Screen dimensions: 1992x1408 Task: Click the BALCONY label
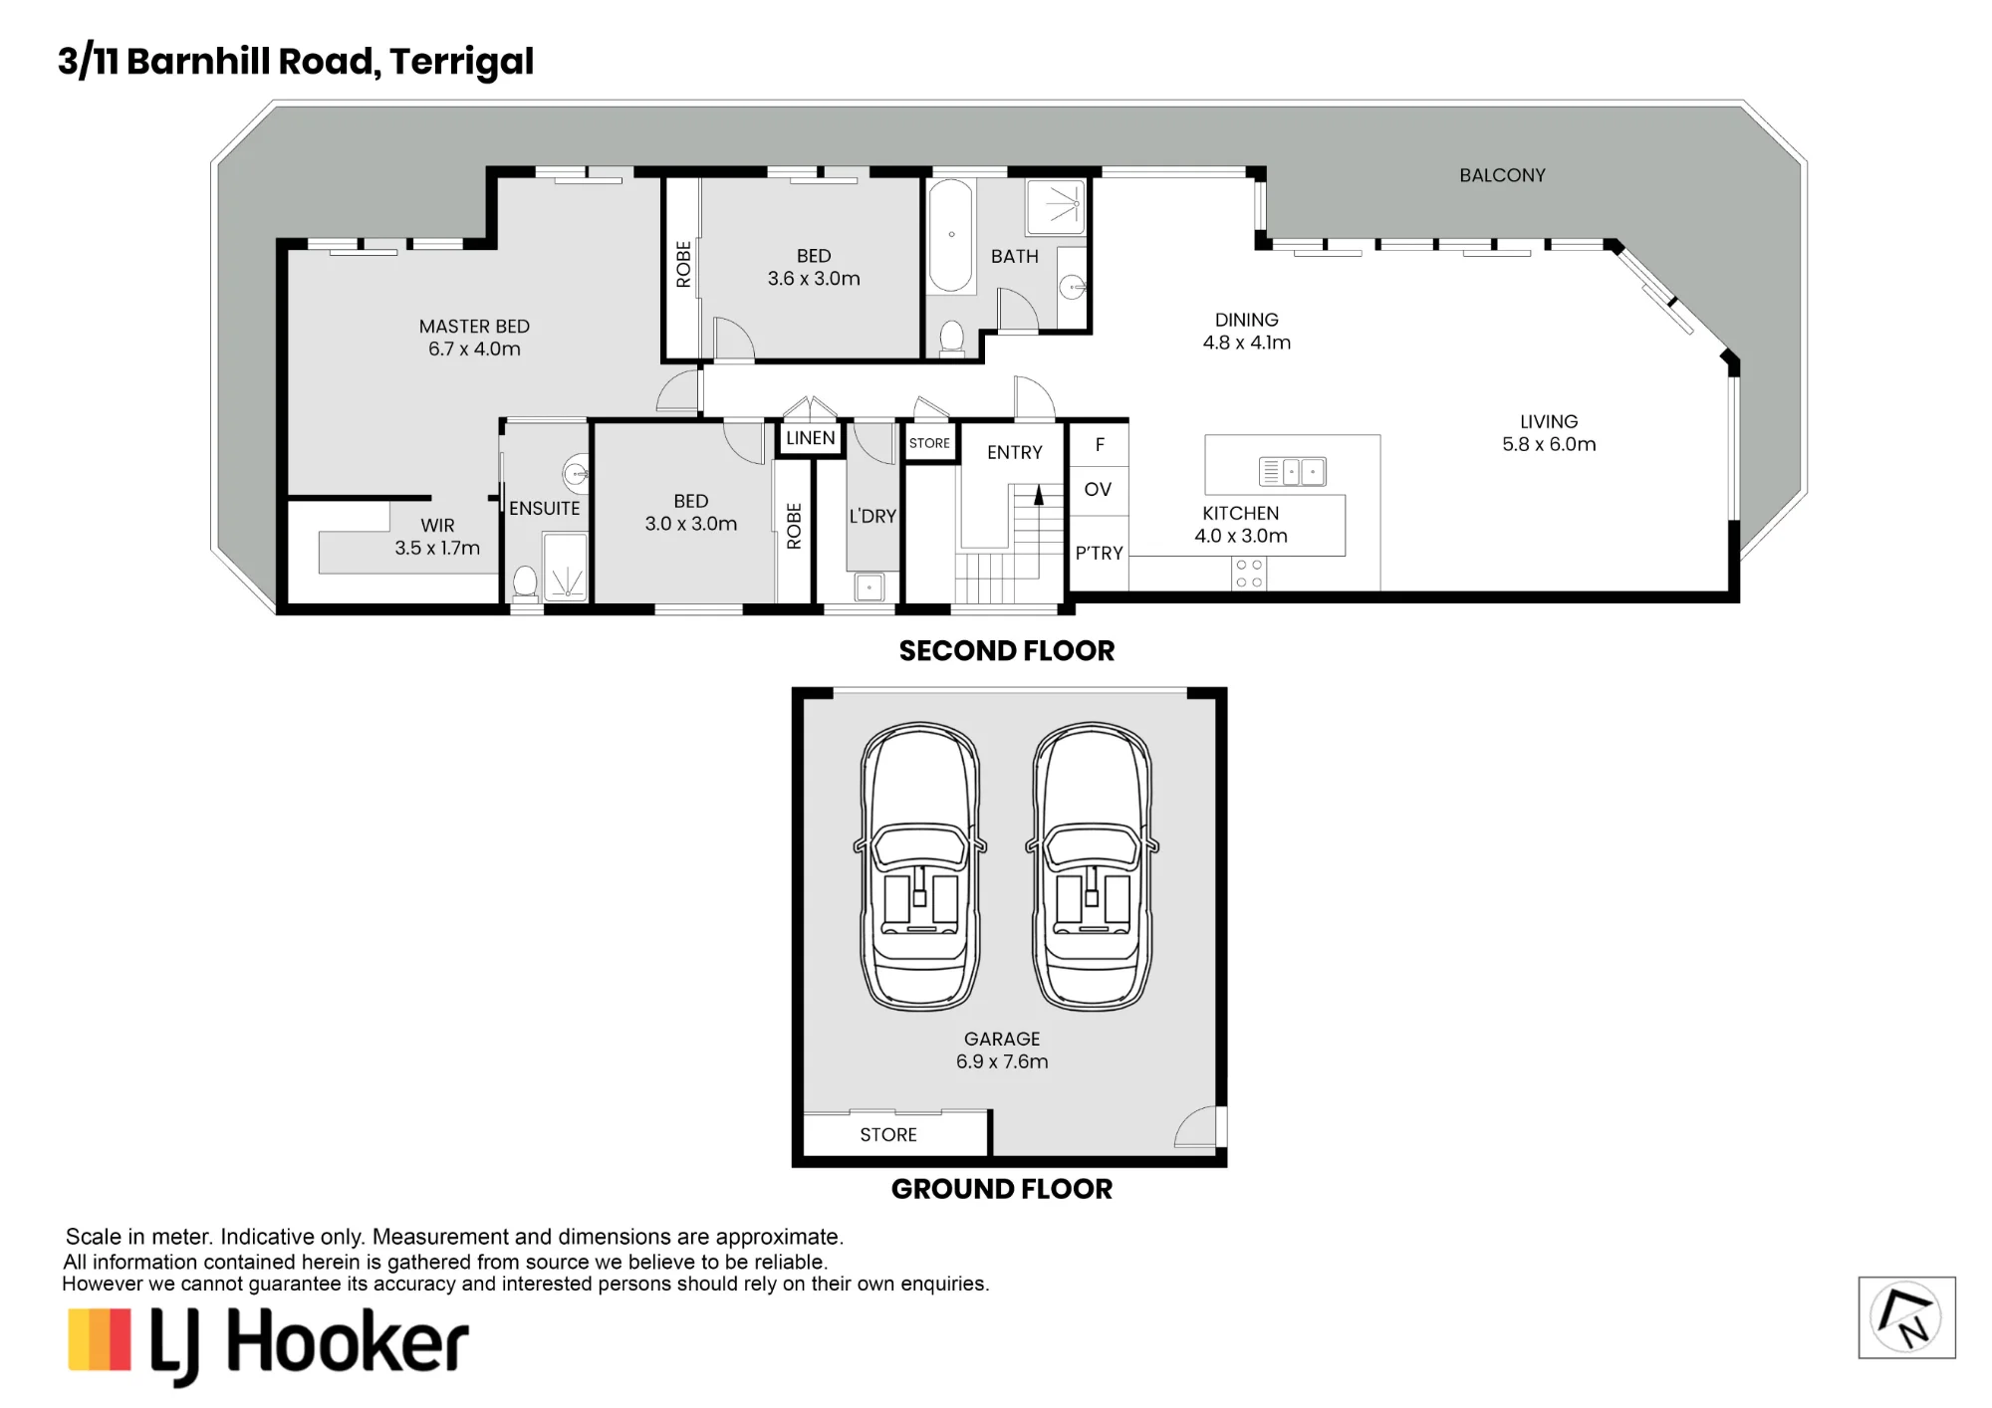[x=1502, y=175]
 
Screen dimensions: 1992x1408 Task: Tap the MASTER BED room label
[x=474, y=327]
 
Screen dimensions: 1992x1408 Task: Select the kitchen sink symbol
[x=1292, y=471]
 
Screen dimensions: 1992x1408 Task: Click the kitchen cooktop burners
[x=1249, y=574]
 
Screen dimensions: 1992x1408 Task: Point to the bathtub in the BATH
[x=951, y=236]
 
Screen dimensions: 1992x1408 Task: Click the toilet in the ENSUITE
[x=525, y=582]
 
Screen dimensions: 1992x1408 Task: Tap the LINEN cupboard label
[x=811, y=438]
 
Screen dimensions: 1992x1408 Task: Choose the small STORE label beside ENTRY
[x=929, y=443]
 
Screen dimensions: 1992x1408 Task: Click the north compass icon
[x=1906, y=1317]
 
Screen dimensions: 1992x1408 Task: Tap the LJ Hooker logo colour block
[x=100, y=1339]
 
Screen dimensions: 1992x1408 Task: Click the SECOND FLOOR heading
[x=1007, y=651]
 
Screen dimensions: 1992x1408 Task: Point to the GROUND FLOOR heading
[x=1002, y=1189]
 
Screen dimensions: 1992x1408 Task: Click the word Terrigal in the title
[x=461, y=62]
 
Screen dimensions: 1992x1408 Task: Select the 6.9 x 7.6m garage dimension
[x=1002, y=1061]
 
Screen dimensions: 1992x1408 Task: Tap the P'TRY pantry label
[x=1100, y=554]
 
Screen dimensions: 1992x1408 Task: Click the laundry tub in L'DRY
[x=870, y=587]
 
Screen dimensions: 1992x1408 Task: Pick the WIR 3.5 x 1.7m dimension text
[x=437, y=548]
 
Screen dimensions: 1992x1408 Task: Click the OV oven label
[x=1098, y=489]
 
